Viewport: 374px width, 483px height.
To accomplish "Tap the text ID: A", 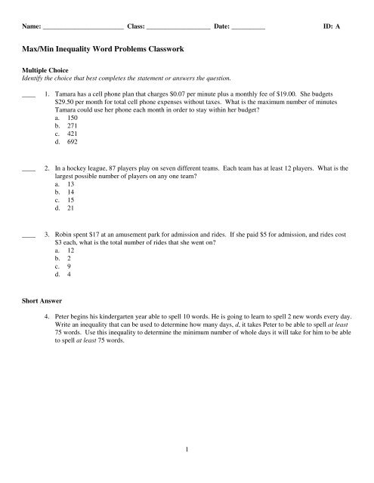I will pos(331,26).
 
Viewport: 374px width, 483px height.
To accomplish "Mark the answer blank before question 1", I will pos(30,96).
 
